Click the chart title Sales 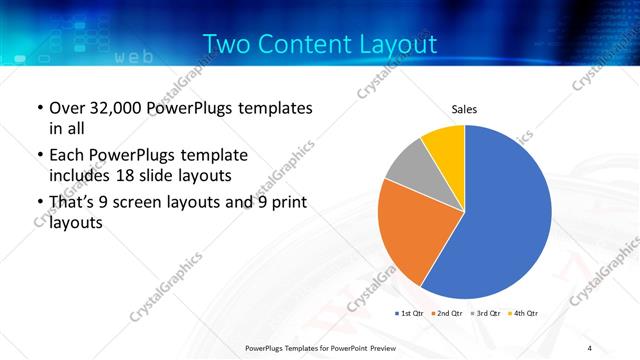coord(465,108)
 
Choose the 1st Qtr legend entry coord(410,314)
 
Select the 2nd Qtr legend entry coord(446,314)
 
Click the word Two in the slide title coord(227,45)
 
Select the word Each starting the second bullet coord(67,156)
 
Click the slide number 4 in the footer coord(590,347)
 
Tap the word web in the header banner coord(134,57)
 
